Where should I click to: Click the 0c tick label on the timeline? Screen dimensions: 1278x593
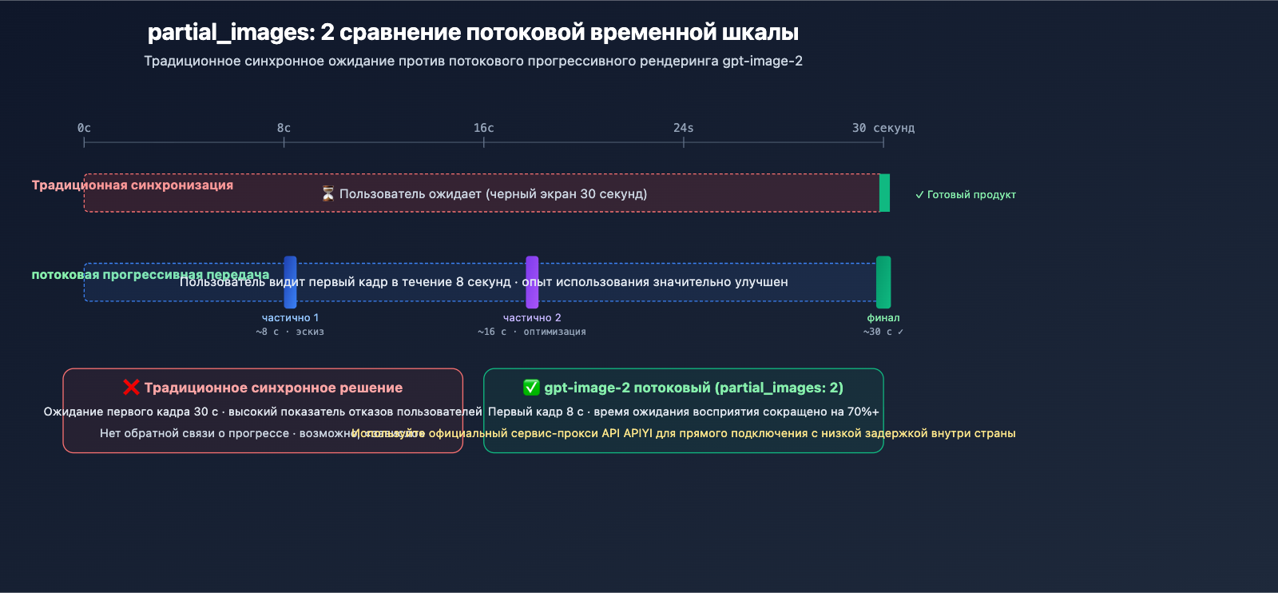84,128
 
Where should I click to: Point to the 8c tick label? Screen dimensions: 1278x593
284,128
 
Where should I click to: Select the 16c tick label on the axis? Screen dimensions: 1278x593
483,128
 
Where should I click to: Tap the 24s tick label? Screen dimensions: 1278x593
683,128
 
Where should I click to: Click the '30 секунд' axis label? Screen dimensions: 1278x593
883,128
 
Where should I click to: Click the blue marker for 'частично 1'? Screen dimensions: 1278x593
290,282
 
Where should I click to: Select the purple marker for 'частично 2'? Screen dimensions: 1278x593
532,282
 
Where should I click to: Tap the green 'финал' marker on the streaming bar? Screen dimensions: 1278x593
883,282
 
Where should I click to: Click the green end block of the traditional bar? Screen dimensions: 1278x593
884,193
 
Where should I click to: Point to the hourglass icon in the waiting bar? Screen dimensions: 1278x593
327,193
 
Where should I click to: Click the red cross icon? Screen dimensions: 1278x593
131,388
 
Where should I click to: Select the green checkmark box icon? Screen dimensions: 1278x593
531,388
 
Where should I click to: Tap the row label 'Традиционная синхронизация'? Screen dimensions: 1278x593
133,185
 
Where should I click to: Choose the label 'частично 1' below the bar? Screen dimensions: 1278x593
290,318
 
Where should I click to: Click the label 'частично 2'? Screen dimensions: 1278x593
532,318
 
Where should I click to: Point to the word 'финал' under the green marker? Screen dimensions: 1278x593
883,318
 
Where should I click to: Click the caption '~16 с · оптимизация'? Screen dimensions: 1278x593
532,332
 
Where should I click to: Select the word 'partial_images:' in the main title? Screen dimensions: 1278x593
232,33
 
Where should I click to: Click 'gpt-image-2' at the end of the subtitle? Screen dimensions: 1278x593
762,62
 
